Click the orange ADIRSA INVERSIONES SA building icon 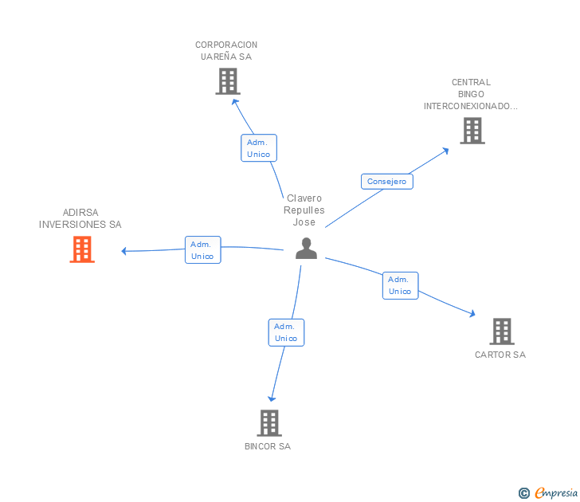click(x=82, y=249)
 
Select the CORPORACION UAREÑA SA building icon click(x=228, y=80)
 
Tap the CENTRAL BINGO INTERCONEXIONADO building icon click(x=472, y=131)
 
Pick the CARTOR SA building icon click(x=501, y=331)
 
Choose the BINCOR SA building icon click(x=269, y=422)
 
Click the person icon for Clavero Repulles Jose click(x=306, y=249)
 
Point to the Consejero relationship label click(x=386, y=182)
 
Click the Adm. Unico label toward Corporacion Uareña click(x=258, y=148)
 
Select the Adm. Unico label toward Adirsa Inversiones click(x=202, y=250)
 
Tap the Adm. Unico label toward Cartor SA click(x=400, y=285)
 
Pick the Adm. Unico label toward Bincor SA click(x=286, y=332)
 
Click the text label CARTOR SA click(x=500, y=355)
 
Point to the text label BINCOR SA click(x=268, y=446)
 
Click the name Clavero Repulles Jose click(x=304, y=210)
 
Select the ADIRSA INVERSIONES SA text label click(x=80, y=218)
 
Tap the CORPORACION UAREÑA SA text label click(x=226, y=51)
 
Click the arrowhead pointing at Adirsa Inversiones click(x=124, y=251)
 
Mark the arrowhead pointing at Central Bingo click(x=445, y=150)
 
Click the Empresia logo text click(x=556, y=493)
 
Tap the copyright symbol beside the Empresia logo click(x=524, y=494)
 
